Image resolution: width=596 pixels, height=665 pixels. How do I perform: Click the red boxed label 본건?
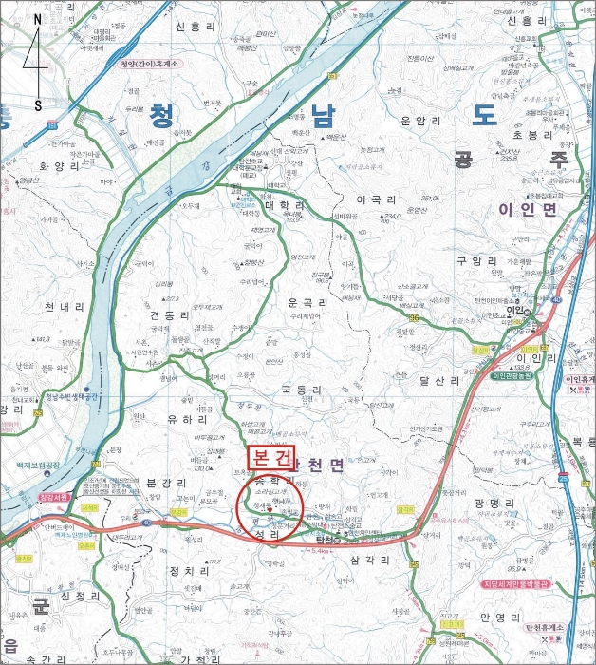pos(272,457)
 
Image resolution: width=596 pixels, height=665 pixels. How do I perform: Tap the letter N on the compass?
pos(37,18)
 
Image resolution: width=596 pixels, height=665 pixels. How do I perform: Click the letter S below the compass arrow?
pos(38,105)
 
